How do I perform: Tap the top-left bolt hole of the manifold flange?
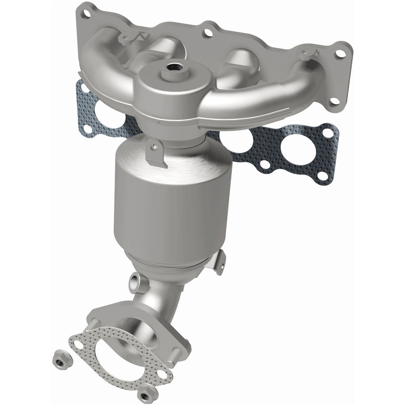click(84, 14)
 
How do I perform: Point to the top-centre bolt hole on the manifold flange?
click(206, 33)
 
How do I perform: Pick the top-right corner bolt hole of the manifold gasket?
click(327, 132)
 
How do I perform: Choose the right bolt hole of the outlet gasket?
click(162, 373)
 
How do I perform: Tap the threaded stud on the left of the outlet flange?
click(90, 322)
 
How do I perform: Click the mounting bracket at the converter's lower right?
click(219, 262)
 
